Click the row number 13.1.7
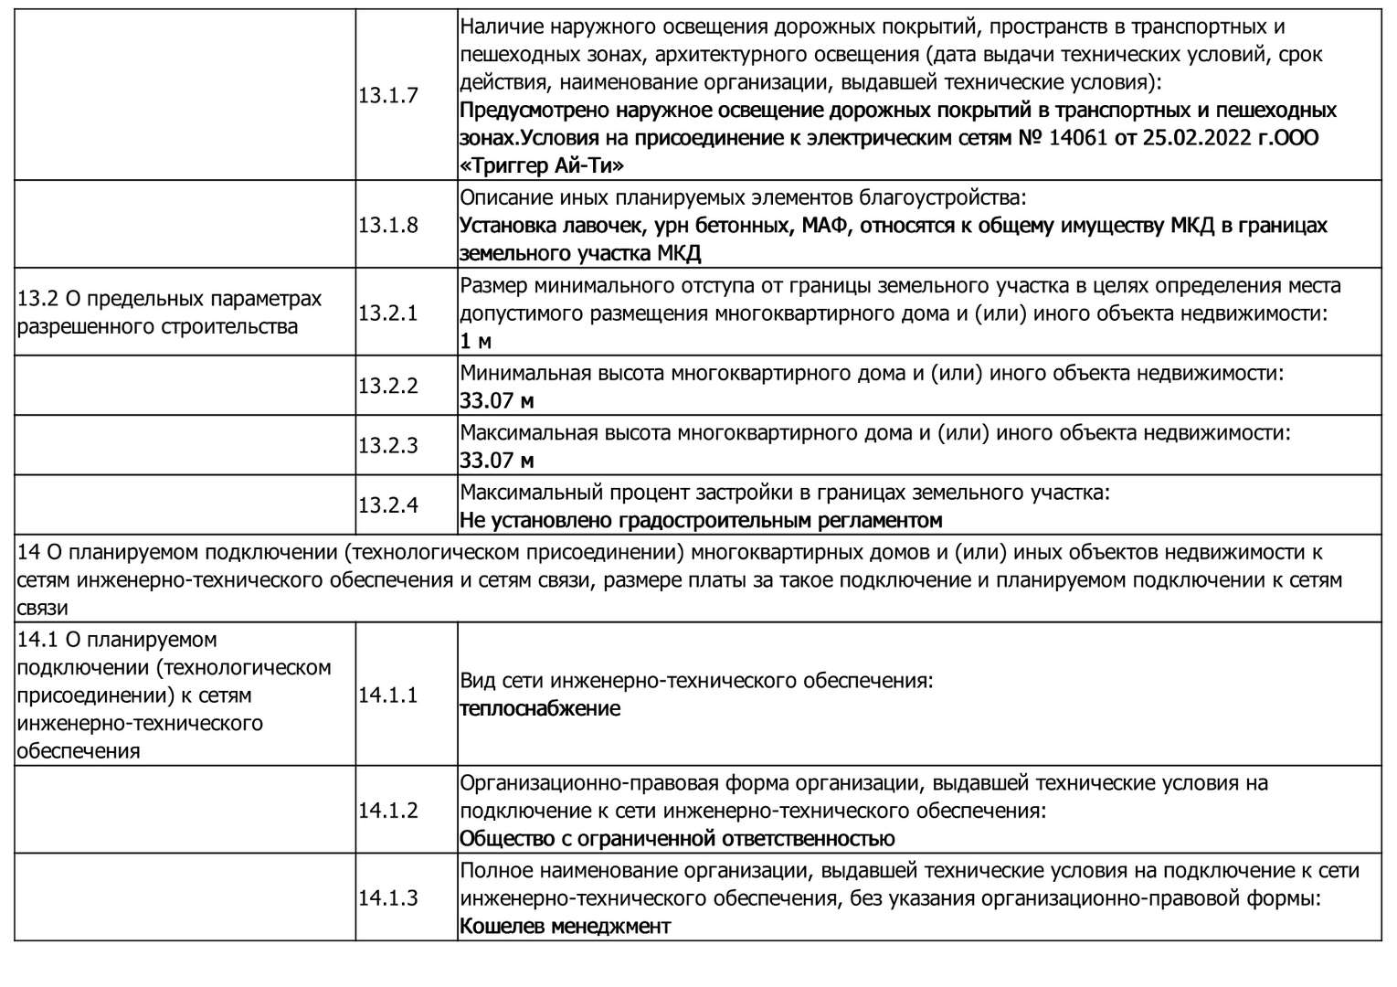388,95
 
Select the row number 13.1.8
388,225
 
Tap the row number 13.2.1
388,313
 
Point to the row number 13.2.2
388,386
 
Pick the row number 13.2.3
388,446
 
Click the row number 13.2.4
388,505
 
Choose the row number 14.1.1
388,695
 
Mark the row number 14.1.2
388,810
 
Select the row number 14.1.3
388,897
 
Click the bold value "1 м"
476,342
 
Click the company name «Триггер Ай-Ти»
542,166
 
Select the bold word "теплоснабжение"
540,708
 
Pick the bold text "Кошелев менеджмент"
566,926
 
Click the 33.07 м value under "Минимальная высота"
497,400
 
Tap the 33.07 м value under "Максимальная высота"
497,460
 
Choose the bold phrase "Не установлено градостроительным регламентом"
701,520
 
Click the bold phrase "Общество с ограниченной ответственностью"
677,838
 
